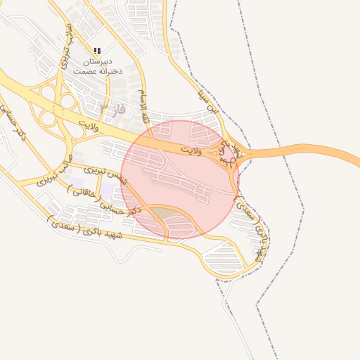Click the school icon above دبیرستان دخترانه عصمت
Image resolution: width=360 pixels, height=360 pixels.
(97, 51)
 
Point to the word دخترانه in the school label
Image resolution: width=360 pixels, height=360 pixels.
(112, 71)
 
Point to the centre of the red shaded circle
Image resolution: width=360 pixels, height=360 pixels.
(180, 179)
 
